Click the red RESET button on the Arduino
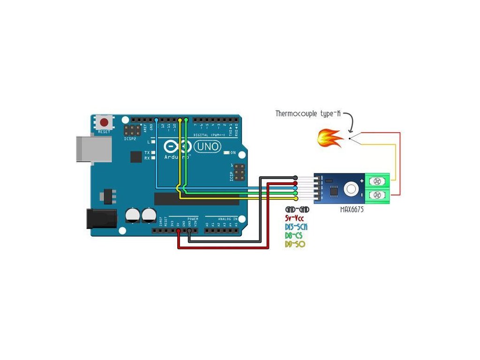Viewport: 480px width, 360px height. point(105,123)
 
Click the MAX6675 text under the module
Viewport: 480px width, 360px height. point(352,210)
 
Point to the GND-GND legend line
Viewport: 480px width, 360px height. point(297,210)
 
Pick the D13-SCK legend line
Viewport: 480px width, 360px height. point(296,227)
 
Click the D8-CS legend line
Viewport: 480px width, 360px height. point(294,235)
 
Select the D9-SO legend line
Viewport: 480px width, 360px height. point(295,244)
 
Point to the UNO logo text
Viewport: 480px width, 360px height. point(207,147)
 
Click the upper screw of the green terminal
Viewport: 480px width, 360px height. point(376,180)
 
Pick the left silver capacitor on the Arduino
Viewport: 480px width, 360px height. point(133,216)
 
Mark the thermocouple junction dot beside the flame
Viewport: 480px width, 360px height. point(349,138)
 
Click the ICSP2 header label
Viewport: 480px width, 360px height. point(130,139)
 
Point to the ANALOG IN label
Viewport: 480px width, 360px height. point(228,218)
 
